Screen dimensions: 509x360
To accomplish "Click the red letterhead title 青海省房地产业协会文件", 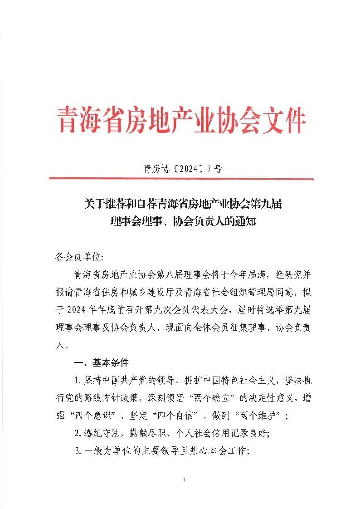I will click(x=180, y=120).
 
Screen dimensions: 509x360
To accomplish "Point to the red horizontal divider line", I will click(x=180, y=179).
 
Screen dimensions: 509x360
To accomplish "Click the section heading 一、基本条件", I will click(x=101, y=362).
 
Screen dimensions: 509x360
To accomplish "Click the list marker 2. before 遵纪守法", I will click(x=78, y=433).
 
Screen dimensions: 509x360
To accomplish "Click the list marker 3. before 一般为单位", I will click(x=78, y=450).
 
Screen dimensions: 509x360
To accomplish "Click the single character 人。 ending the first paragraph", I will click(x=59, y=345).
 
